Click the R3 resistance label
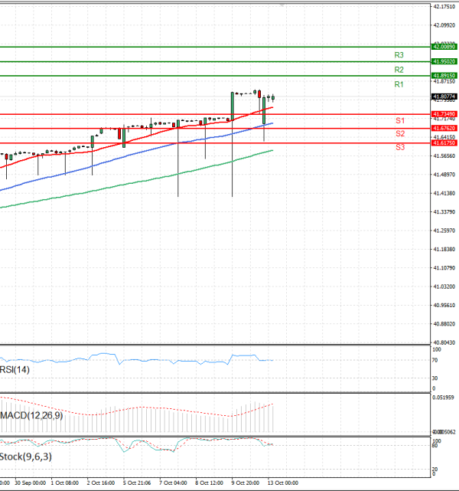click(399, 55)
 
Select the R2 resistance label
click(399, 70)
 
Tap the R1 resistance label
click(399, 84)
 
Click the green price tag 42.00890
click(444, 47)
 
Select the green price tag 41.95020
click(444, 61)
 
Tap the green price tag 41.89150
click(444, 76)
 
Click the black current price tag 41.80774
click(444, 97)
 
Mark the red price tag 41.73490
click(444, 113)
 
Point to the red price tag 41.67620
click(444, 128)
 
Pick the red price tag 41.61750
click(444, 142)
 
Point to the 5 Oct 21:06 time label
click(136, 483)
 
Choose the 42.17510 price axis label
click(444, 6)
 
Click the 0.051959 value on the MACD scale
click(444, 398)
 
